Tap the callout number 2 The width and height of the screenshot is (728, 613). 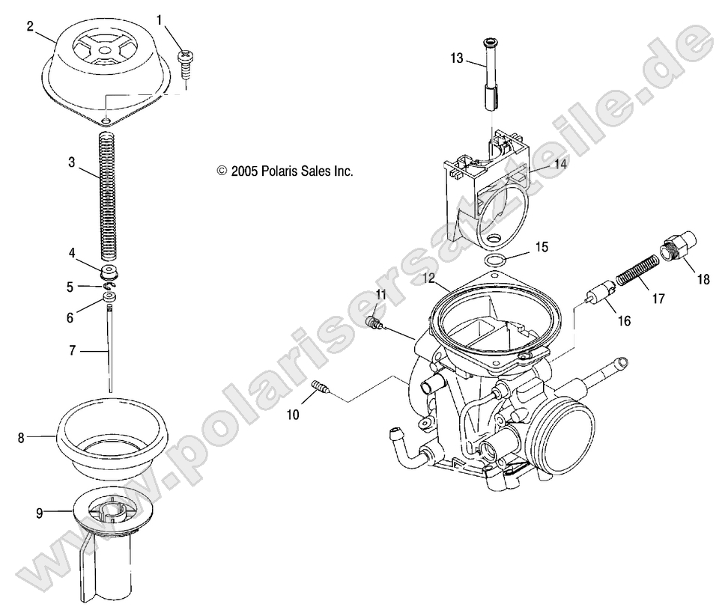coord(29,27)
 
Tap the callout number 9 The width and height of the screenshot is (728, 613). coord(40,513)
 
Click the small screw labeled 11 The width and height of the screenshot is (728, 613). coord(372,323)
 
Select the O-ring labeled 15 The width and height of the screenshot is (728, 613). coord(494,260)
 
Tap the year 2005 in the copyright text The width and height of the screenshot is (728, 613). coord(243,171)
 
